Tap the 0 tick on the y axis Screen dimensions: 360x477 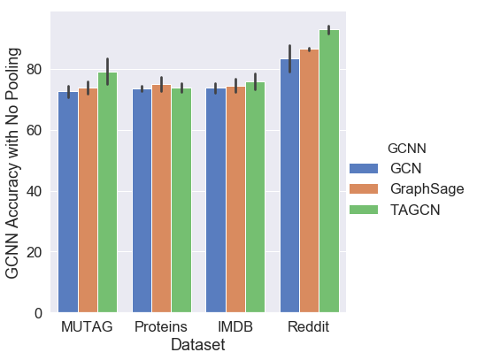tap(39, 313)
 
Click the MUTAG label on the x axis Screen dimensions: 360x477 tap(88, 327)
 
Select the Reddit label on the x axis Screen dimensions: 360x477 tap(309, 327)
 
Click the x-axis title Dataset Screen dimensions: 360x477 tap(197, 345)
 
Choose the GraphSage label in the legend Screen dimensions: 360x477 tap(427, 188)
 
